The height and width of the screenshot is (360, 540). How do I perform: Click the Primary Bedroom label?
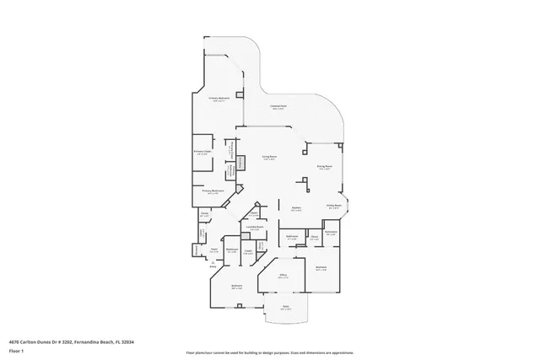coord(220,99)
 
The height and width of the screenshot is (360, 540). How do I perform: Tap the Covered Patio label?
coord(276,105)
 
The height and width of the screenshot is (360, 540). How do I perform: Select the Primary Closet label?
coord(202,153)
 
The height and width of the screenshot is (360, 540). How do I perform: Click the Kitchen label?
coord(297,207)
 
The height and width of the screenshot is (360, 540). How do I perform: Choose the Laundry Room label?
coord(254,227)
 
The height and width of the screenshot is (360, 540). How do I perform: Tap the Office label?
coord(285,275)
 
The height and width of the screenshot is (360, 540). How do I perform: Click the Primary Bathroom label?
coord(211,191)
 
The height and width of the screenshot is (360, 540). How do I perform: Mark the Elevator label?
coord(196,250)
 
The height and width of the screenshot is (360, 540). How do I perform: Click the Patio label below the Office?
coord(285,306)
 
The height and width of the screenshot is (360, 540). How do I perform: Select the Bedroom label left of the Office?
coord(237,286)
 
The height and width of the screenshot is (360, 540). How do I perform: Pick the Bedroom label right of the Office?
coord(321,268)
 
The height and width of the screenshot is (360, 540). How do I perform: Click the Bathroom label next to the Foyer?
coord(230,250)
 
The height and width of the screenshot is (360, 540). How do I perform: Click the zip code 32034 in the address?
coord(127,341)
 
